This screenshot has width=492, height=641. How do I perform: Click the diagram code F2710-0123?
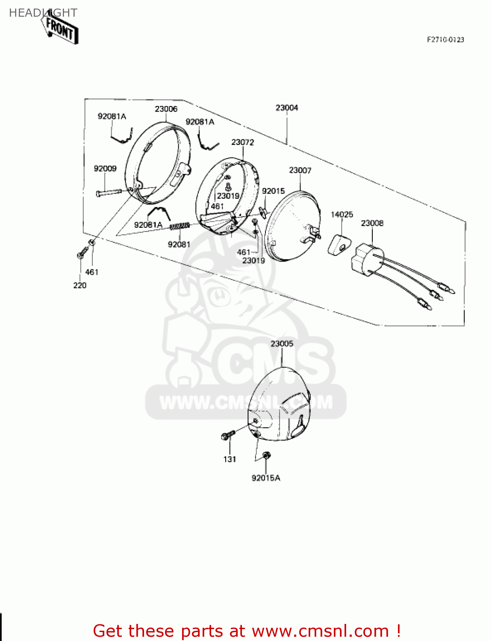[445, 40]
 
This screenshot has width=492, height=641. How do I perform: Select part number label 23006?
[166, 109]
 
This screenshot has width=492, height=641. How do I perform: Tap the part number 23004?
[286, 108]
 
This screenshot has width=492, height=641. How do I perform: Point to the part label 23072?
[242, 142]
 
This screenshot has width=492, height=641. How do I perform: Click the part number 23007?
[300, 170]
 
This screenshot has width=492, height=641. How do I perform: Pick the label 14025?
[342, 215]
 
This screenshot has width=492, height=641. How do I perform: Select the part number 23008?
[372, 223]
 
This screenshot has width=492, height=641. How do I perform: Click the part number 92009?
[105, 168]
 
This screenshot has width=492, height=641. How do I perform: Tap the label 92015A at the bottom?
[265, 478]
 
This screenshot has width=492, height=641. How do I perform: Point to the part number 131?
[230, 459]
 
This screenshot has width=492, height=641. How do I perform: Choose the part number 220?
[80, 285]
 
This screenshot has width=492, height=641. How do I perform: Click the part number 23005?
[282, 344]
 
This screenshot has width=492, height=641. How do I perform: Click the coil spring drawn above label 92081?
[180, 226]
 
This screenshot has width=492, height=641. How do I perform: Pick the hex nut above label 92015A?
[266, 455]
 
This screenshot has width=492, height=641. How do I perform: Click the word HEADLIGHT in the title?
[43, 13]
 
